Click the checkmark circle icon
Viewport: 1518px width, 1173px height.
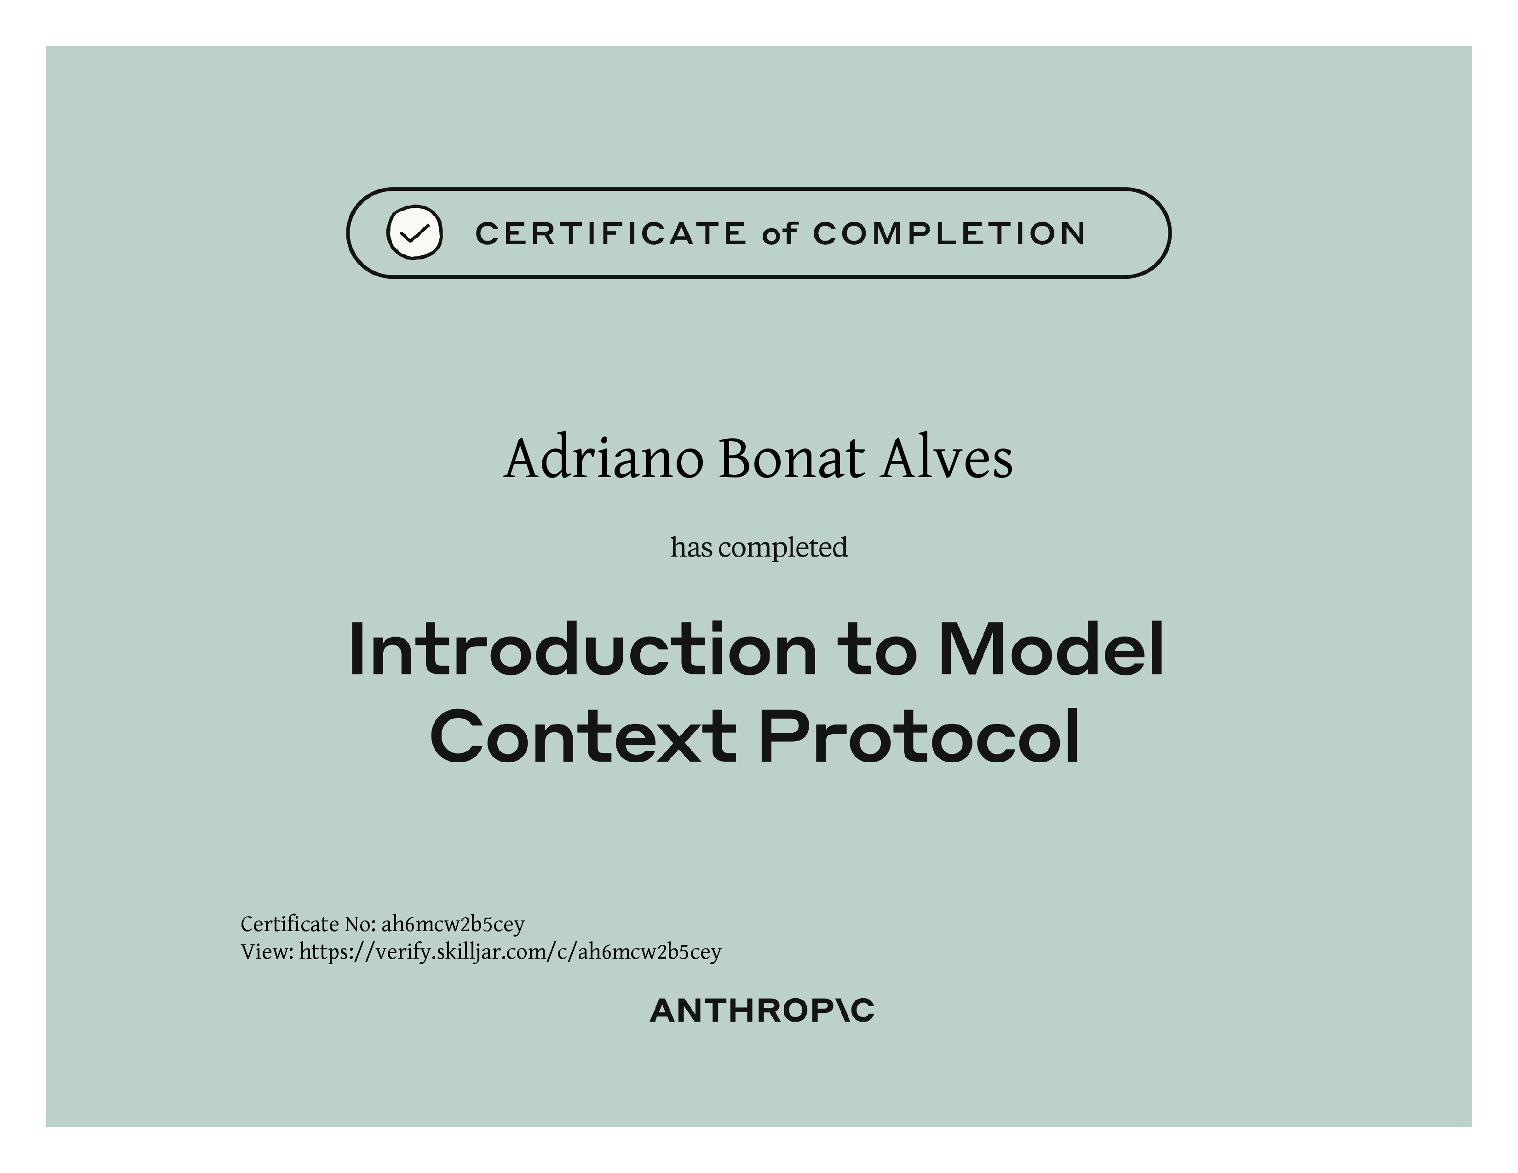pyautogui.click(x=414, y=233)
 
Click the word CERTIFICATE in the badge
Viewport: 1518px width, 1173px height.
pyautogui.click(x=611, y=234)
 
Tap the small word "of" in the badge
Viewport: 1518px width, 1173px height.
pyautogui.click(x=779, y=234)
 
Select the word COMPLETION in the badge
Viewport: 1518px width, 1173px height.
pyautogui.click(x=949, y=234)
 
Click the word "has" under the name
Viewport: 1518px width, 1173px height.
pyautogui.click(x=691, y=547)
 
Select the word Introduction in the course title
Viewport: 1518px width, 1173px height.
pyautogui.click(x=582, y=649)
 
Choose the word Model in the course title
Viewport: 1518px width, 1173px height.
pyautogui.click(x=1051, y=649)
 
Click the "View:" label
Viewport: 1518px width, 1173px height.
pyautogui.click(x=267, y=951)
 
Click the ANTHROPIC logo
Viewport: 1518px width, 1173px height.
pyautogui.click(x=762, y=1011)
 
